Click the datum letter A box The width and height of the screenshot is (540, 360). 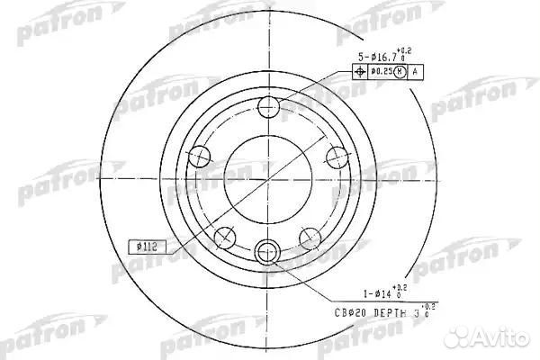coord(415,71)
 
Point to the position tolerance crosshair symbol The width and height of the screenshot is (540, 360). coord(358,71)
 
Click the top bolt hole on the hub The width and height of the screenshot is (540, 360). coord(267,110)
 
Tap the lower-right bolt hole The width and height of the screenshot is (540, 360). coord(310,238)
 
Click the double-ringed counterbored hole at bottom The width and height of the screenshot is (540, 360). coord(267,251)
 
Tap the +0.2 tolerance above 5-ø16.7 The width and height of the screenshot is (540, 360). coord(407,51)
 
